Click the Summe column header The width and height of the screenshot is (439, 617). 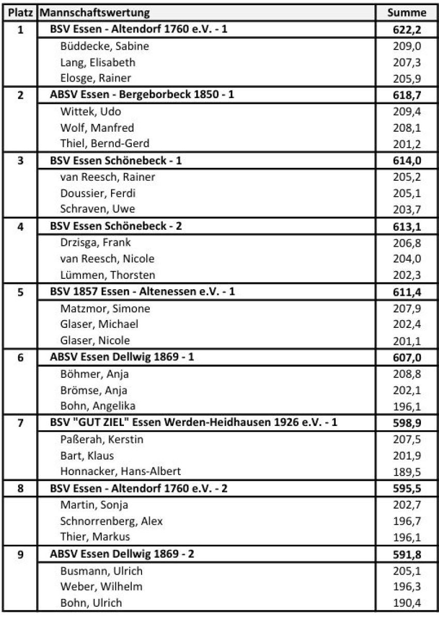coord(407,13)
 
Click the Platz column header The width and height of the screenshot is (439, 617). coord(21,13)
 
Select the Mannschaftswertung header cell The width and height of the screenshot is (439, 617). coord(95,13)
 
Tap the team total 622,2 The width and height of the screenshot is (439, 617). coord(407,29)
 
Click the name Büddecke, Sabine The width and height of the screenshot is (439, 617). coord(104,46)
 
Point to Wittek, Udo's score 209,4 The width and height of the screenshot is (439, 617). coord(407,112)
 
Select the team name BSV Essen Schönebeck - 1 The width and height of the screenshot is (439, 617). coord(116,160)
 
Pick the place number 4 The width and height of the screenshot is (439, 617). coord(21,226)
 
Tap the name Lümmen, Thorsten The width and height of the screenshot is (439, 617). coord(107,275)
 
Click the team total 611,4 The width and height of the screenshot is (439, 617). coord(407,292)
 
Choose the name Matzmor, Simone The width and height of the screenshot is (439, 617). coord(105,308)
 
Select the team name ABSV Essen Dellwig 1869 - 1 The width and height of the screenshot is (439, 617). coord(122,357)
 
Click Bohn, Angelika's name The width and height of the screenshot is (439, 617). coord(98,406)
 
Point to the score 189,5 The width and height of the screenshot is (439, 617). coord(407,471)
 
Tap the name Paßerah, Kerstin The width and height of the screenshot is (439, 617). coord(102,439)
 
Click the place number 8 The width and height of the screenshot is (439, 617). coord(21,488)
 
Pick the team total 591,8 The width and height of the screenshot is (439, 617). coord(407,555)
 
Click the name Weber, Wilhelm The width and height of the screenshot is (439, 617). coord(101,587)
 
